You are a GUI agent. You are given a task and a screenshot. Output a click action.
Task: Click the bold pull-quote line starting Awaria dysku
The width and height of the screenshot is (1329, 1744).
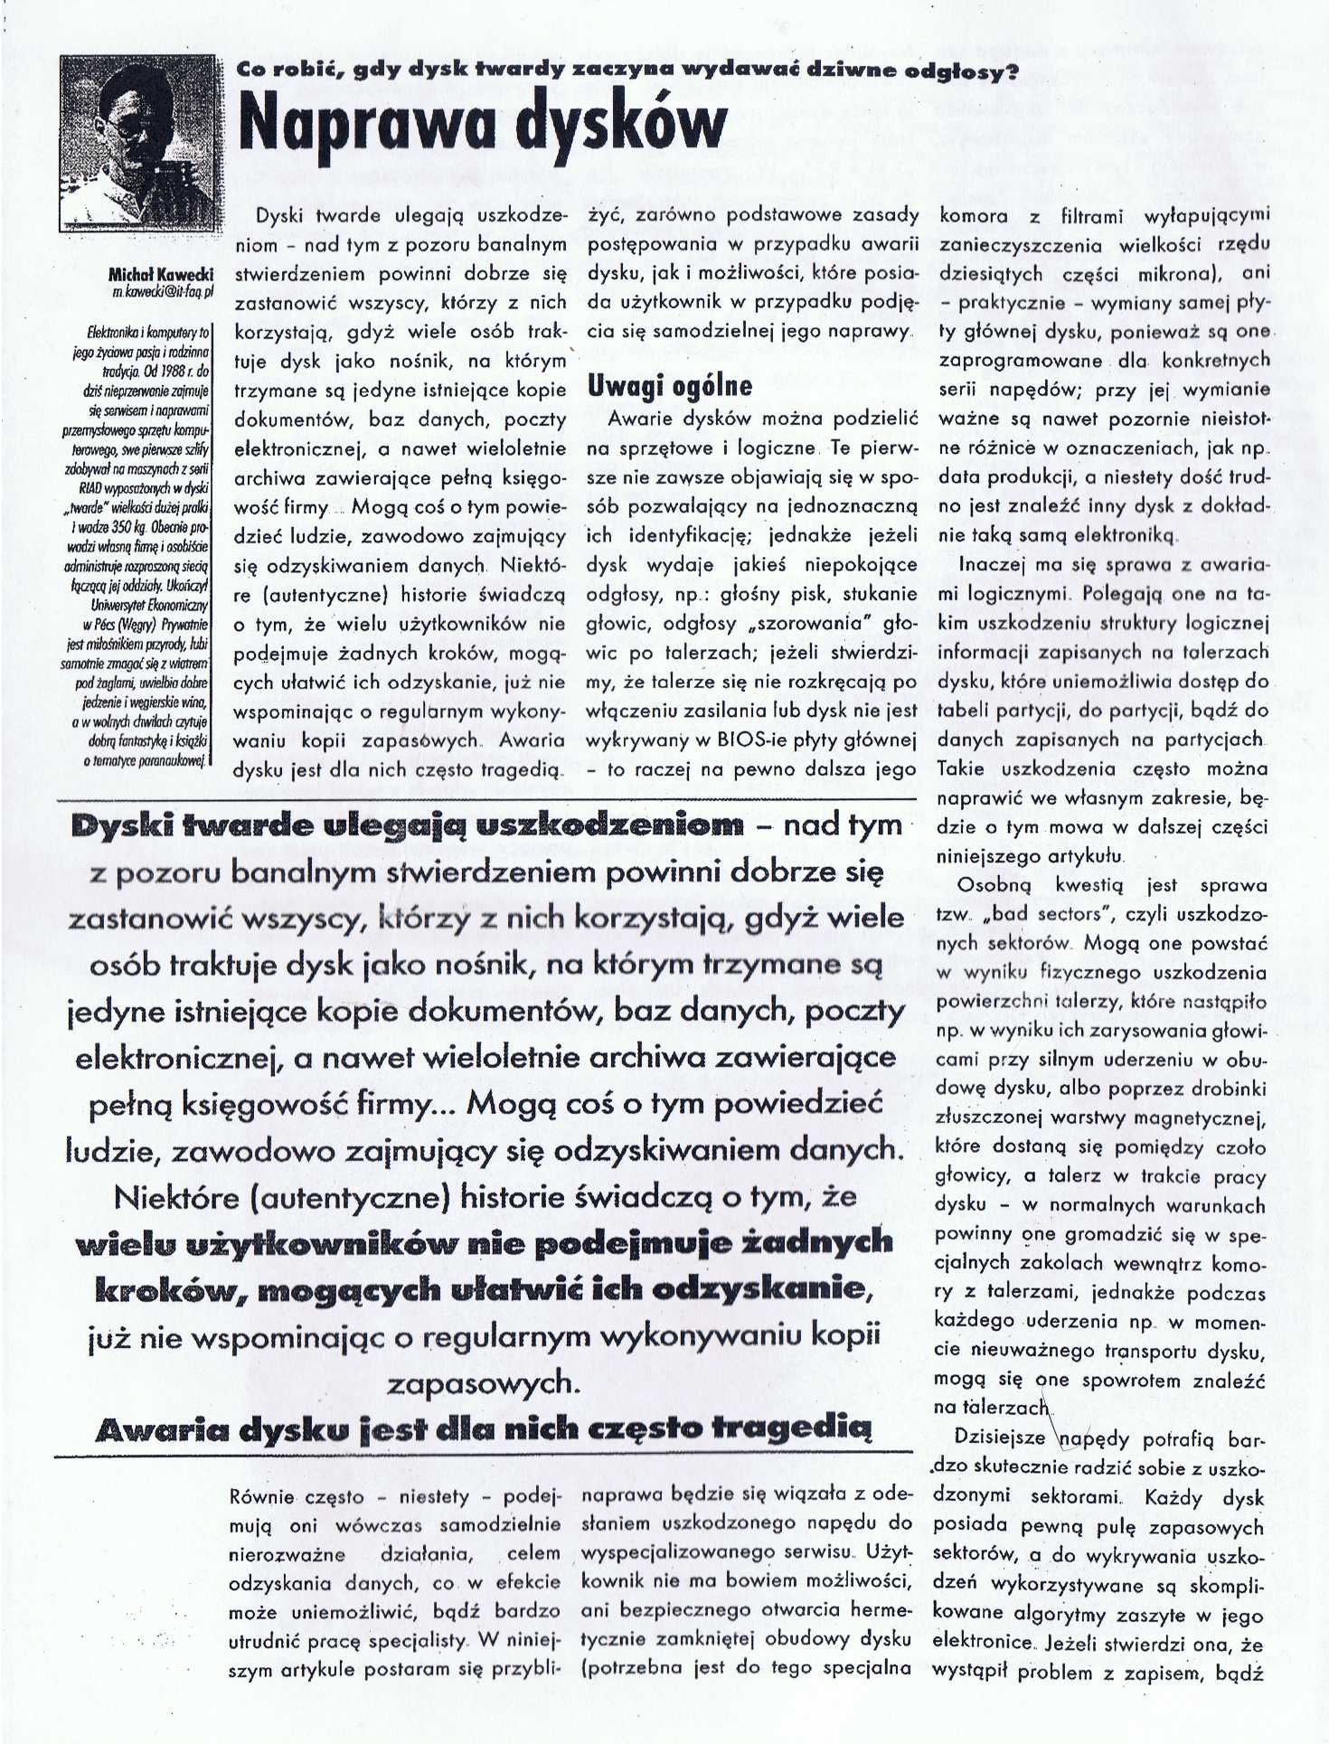point(483,1429)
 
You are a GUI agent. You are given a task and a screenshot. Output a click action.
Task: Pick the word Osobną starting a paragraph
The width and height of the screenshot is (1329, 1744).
point(993,885)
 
